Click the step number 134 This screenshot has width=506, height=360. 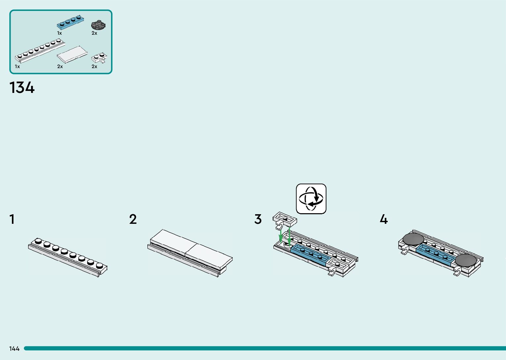(x=22, y=88)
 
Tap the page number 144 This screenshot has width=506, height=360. (x=14, y=348)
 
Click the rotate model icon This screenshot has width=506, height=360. (x=311, y=199)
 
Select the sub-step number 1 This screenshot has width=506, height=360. (x=12, y=220)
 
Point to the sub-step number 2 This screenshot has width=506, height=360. (x=133, y=220)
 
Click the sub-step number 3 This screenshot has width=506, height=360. (x=258, y=220)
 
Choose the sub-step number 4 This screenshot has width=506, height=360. (x=383, y=220)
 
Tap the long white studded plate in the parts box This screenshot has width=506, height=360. (x=40, y=51)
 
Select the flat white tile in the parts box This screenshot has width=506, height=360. (x=72, y=54)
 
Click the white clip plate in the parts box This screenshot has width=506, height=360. (x=99, y=58)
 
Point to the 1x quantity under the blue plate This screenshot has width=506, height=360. (x=59, y=33)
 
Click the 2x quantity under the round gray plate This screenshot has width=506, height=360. (x=95, y=33)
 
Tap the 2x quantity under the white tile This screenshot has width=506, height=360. (x=60, y=66)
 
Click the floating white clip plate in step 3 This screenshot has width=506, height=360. (x=284, y=220)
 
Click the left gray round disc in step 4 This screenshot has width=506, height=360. (x=413, y=239)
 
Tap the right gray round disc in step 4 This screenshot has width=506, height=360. (x=466, y=260)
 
